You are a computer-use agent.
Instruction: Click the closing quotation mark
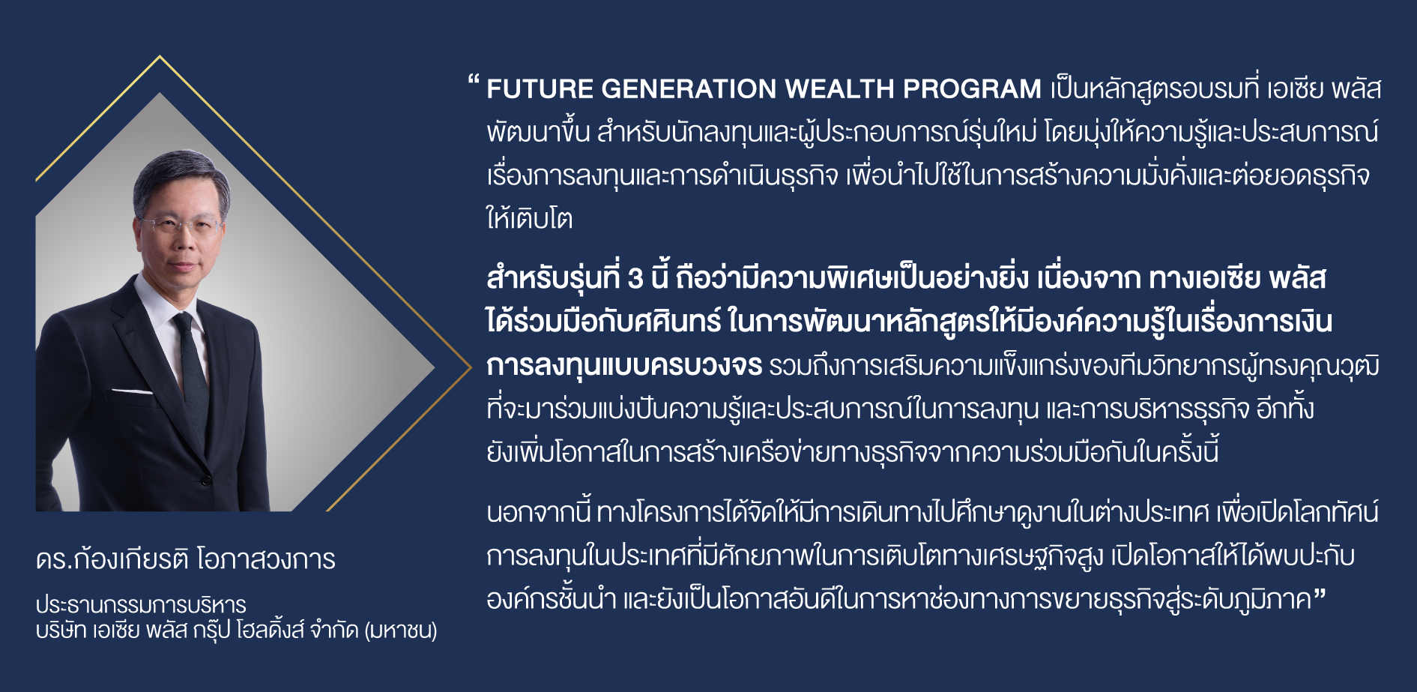[x=1320, y=594]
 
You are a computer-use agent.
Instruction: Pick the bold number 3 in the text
[x=635, y=279]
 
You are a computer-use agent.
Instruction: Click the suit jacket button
[x=205, y=478]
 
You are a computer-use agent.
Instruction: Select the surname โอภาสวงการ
[x=266, y=559]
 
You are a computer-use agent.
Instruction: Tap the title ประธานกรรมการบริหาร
[x=141, y=604]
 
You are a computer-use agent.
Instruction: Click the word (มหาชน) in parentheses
[x=401, y=630]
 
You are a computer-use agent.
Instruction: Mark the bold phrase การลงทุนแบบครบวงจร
[x=624, y=366]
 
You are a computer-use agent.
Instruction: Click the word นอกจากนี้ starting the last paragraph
[x=539, y=513]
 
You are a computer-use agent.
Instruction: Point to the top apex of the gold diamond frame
[x=160, y=56]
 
